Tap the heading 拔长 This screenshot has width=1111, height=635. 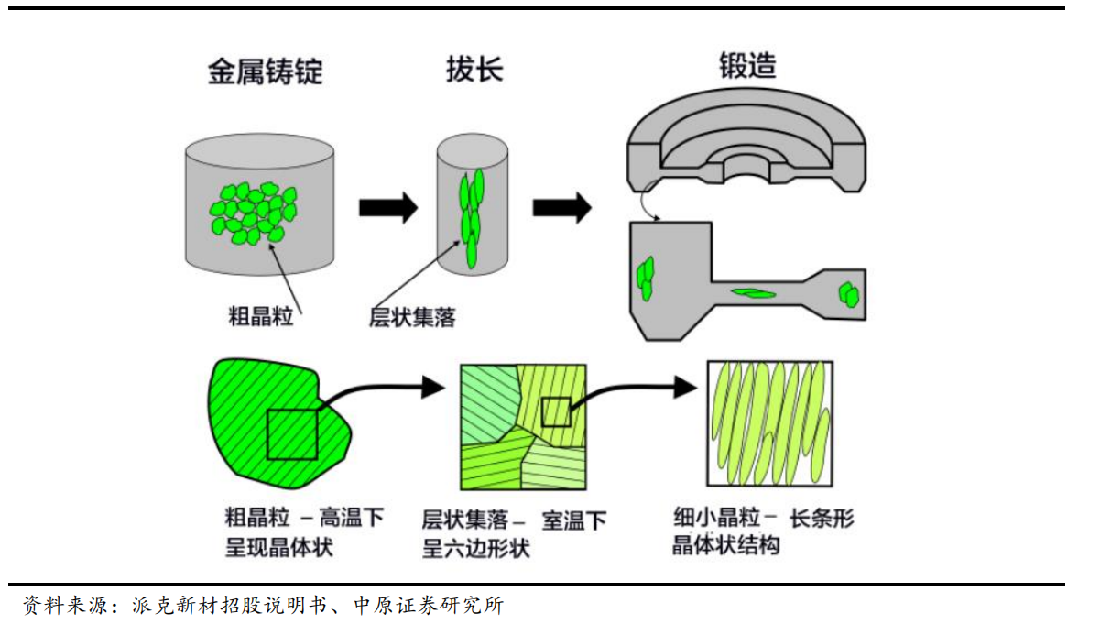pyautogui.click(x=474, y=69)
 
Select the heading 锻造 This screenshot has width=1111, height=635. pyautogui.click(x=747, y=65)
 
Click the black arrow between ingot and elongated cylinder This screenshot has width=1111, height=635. pyautogui.click(x=388, y=207)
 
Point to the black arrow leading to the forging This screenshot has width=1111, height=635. pyautogui.click(x=562, y=207)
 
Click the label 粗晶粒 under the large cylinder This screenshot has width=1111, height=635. pyautogui.click(x=260, y=316)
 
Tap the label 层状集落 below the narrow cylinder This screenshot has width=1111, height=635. pyautogui.click(x=412, y=317)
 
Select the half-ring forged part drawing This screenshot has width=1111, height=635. pyautogui.click(x=746, y=141)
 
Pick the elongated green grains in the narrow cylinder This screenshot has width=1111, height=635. pyautogui.click(x=472, y=218)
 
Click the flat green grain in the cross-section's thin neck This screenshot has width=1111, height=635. pyautogui.click(x=754, y=293)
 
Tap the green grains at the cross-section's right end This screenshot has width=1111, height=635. pyautogui.click(x=849, y=295)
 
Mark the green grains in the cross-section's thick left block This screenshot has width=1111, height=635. pyautogui.click(x=646, y=279)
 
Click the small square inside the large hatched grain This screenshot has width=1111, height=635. pyautogui.click(x=292, y=435)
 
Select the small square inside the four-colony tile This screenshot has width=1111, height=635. pyautogui.click(x=556, y=411)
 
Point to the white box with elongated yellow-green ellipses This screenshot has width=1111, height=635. pyautogui.click(x=769, y=423)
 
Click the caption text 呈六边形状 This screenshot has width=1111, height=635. pyautogui.click(x=475, y=549)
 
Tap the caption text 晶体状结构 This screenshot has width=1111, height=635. pyautogui.click(x=726, y=545)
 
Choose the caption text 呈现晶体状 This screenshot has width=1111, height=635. pyautogui.click(x=278, y=548)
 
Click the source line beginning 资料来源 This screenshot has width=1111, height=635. pyautogui.click(x=264, y=606)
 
